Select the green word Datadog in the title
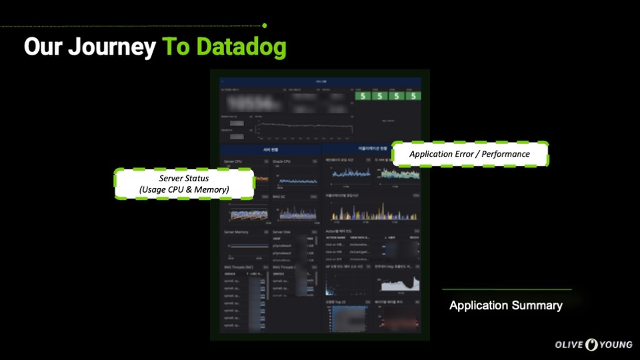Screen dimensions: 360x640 coord(242,47)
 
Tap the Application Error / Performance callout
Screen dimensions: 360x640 coord(469,154)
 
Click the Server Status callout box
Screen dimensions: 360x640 coord(184,184)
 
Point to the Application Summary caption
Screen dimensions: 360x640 coord(505,306)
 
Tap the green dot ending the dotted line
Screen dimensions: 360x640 coord(265,25)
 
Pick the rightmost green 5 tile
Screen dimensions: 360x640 coord(414,95)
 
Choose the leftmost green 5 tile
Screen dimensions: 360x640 coord(363,95)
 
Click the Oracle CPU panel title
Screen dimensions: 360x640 coord(282,161)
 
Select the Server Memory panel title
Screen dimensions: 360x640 coord(237,232)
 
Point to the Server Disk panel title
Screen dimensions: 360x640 coord(283,232)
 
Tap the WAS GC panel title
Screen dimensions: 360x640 coord(280,197)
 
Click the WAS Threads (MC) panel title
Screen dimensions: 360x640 coord(239,267)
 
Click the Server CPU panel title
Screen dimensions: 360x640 coord(234,161)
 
